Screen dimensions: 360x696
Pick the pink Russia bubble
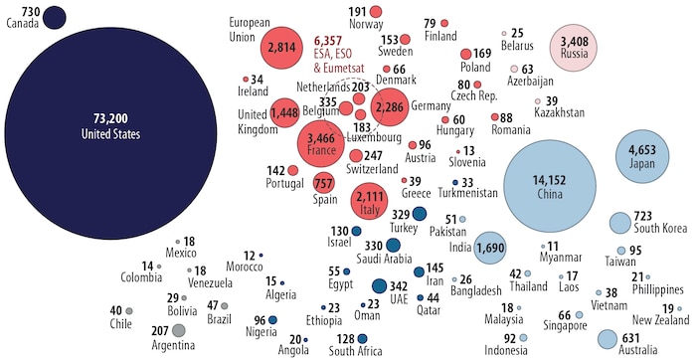[x=574, y=46]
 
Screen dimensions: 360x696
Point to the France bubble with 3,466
[x=322, y=145]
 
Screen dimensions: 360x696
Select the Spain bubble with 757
[x=324, y=183]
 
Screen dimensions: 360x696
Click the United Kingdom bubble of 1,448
[x=285, y=113]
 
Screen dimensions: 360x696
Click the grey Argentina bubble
[x=179, y=330]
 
